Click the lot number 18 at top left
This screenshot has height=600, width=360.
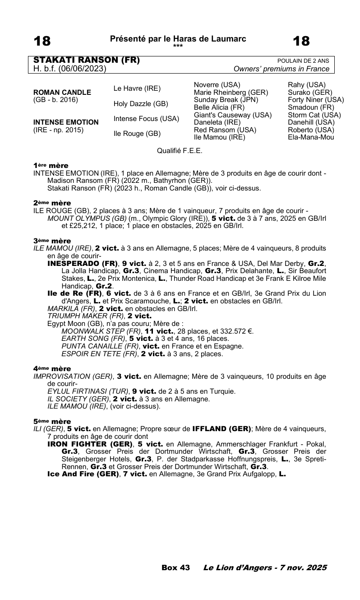pyautogui.click(x=42, y=42)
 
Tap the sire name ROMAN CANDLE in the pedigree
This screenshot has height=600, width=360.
pyautogui.click(x=62, y=93)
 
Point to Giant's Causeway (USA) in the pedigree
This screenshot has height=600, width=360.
pyautogui.click(x=232, y=115)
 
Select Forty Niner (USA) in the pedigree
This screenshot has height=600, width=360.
pyautogui.click(x=316, y=100)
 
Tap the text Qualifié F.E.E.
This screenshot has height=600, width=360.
pyautogui.click(x=180, y=151)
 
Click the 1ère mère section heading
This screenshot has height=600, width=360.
pyautogui.click(x=51, y=166)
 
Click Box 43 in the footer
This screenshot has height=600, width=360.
pyautogui.click(x=175, y=567)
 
